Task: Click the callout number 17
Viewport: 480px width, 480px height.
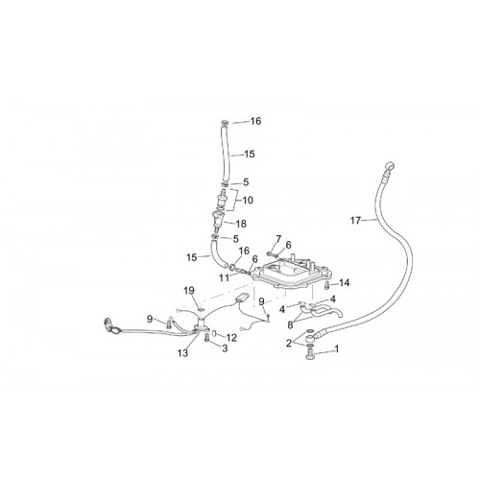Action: (x=355, y=221)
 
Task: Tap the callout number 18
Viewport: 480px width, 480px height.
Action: (x=241, y=224)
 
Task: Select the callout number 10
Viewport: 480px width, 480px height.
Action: (x=248, y=201)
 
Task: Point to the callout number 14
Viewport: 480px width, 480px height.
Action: (x=345, y=283)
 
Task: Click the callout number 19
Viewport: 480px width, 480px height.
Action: (x=189, y=291)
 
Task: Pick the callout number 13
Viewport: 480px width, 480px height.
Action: (x=183, y=353)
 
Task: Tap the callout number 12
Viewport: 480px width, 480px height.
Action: (x=231, y=338)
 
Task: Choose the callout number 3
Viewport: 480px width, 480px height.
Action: (x=225, y=348)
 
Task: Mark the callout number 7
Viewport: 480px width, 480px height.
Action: (x=278, y=239)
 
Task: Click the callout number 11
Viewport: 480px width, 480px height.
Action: (x=224, y=277)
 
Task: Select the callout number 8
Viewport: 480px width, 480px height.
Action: (x=290, y=325)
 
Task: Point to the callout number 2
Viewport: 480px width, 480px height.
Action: (x=289, y=344)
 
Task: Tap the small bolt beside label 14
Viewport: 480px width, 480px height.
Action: (x=326, y=285)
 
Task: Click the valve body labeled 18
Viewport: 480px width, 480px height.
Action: (x=218, y=221)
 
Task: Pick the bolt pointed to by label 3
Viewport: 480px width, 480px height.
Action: (x=206, y=337)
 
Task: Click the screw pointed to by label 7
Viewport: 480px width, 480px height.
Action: (x=271, y=253)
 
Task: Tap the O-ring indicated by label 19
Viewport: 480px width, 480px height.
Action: (x=201, y=309)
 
